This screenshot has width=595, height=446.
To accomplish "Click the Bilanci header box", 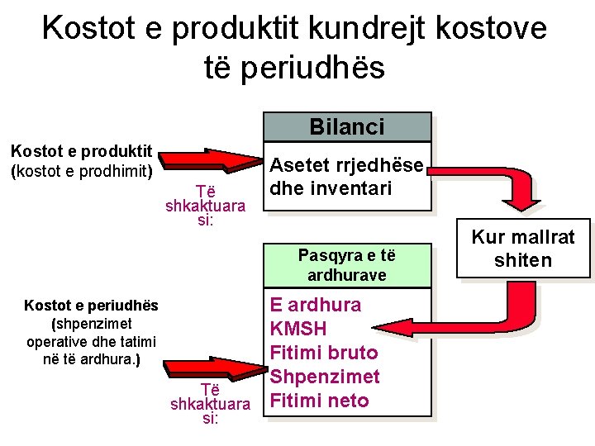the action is tap(347, 126).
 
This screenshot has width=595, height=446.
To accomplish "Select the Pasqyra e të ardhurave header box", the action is tap(347, 264).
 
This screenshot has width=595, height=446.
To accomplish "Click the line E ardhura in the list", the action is tap(315, 305).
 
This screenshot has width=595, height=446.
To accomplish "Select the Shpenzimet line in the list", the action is tap(325, 377).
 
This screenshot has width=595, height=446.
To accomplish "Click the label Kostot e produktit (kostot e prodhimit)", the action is tap(80, 161).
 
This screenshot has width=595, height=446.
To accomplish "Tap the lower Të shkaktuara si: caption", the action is tap(209, 404).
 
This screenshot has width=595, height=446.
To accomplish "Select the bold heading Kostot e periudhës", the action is tap(91, 306).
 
